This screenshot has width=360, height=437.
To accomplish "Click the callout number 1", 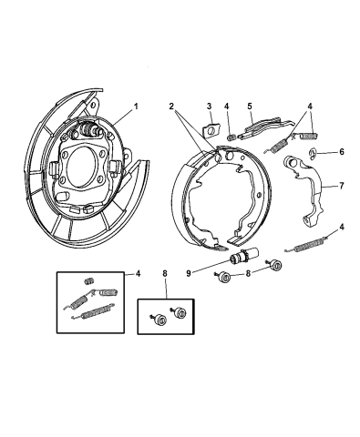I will click(138, 107).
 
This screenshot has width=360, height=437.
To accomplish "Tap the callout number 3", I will click(208, 107).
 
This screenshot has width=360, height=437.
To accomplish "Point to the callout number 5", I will click(249, 107).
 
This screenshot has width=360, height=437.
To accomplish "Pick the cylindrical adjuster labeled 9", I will click(242, 259).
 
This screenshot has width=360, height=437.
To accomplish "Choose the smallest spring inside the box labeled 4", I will click(89, 279).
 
